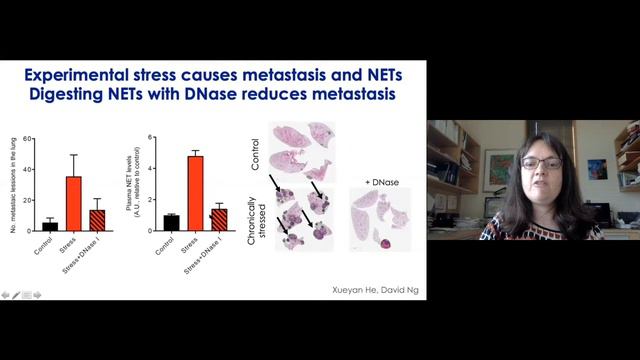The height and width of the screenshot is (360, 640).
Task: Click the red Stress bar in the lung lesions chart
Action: pos(73,203)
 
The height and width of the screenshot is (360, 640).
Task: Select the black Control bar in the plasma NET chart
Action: pos(171,222)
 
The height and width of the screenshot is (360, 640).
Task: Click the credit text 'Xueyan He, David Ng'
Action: pos(375,290)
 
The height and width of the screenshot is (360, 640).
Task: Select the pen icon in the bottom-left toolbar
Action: pos(16,295)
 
